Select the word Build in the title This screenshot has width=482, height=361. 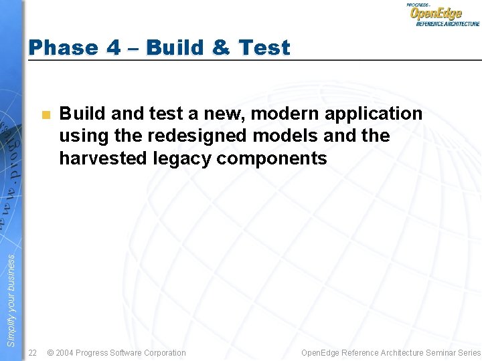coord(175,48)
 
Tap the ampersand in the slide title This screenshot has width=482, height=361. coord(221,48)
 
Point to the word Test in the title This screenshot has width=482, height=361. coord(264,48)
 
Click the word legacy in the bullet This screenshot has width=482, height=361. coord(165,158)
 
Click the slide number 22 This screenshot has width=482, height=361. coord(32,352)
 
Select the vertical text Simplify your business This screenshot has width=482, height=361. coord(11,301)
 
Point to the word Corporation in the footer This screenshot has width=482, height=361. coord(163,352)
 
